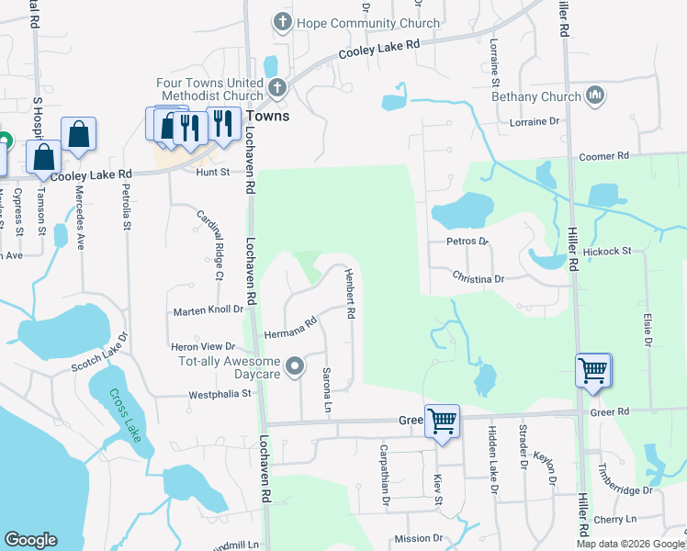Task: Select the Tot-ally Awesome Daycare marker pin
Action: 295,367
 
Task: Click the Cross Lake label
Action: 126,415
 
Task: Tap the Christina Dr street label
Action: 479,277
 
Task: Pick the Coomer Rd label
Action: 603,157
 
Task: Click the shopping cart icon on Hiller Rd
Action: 592,370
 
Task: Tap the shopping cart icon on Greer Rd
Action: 442,421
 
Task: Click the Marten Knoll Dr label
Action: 208,312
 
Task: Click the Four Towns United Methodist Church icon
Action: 276,88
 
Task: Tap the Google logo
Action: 31,540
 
